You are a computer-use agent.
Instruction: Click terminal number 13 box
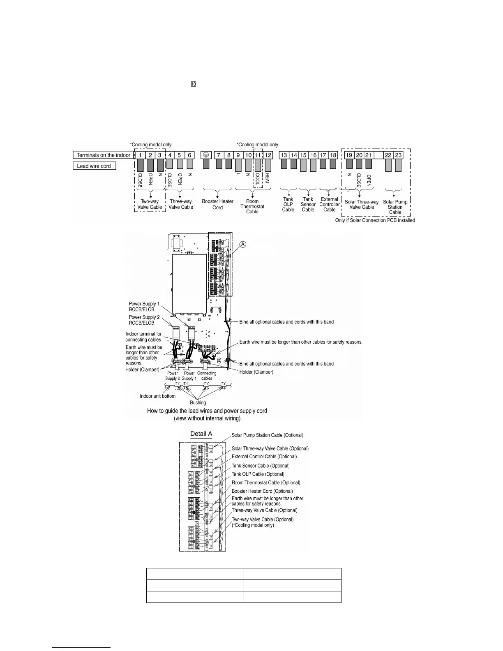284,155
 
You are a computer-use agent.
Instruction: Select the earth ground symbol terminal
206,155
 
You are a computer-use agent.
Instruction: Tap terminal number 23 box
398,155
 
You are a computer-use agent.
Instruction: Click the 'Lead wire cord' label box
94,166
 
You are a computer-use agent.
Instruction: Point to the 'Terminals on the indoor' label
104,155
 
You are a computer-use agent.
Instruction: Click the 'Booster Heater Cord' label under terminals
217,204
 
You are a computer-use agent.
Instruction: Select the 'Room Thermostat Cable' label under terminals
252,206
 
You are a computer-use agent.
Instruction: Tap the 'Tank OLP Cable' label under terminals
288,204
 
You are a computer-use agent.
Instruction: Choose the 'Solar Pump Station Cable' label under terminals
395,207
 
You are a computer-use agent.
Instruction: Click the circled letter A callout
243,244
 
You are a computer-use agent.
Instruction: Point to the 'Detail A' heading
201,434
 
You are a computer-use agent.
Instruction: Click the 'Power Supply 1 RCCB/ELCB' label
144,306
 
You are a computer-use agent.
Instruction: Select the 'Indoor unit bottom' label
157,396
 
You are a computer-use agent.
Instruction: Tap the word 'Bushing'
198,403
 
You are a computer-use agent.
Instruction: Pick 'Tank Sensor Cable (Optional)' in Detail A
261,466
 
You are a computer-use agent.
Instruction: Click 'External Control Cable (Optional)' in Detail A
264,457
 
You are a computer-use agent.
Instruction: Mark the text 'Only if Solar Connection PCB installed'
375,220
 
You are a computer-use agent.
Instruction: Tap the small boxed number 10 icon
193,84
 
